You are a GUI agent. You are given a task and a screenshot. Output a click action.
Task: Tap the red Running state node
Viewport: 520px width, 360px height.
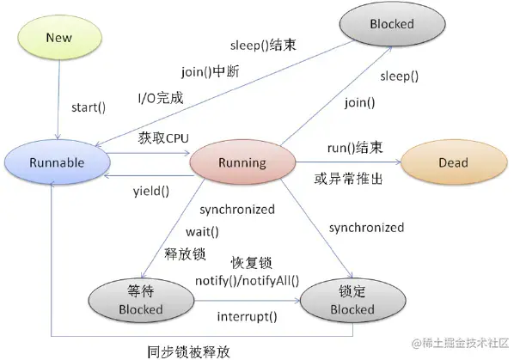tap(242, 162)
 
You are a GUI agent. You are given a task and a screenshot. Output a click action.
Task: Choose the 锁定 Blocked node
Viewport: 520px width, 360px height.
tap(352, 300)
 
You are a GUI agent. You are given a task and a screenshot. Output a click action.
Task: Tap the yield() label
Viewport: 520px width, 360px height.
tap(150, 191)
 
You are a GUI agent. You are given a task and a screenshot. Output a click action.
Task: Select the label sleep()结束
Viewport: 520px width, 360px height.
tap(264, 44)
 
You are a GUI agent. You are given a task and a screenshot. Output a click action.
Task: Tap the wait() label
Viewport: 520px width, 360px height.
tap(203, 232)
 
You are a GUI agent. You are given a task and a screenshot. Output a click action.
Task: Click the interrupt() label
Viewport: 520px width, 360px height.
tap(247, 316)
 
